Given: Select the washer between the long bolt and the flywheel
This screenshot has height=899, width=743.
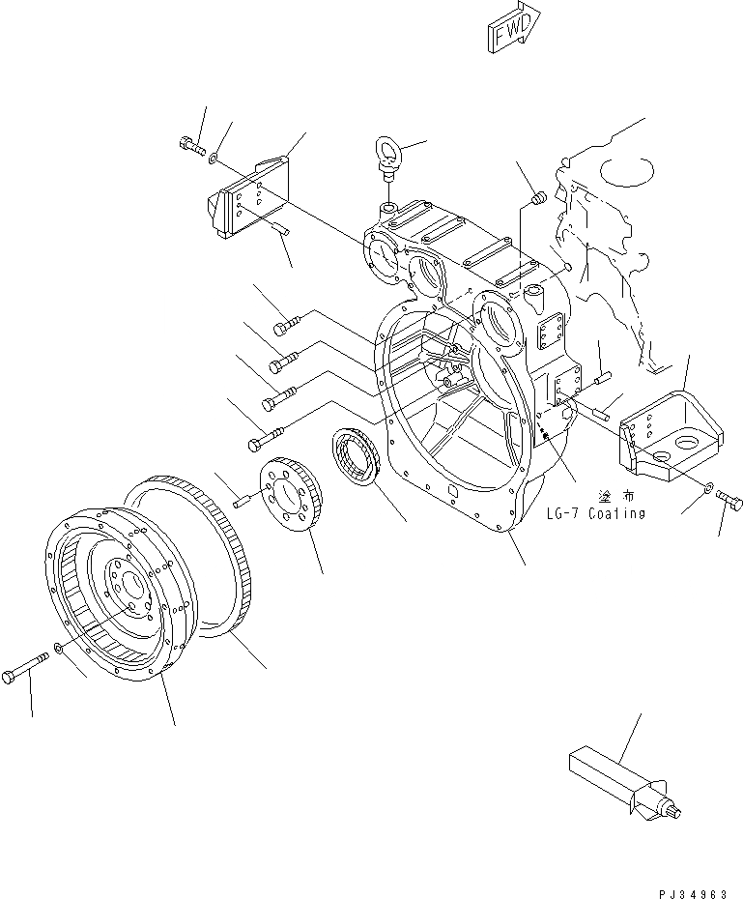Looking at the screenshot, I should [x=61, y=647].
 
